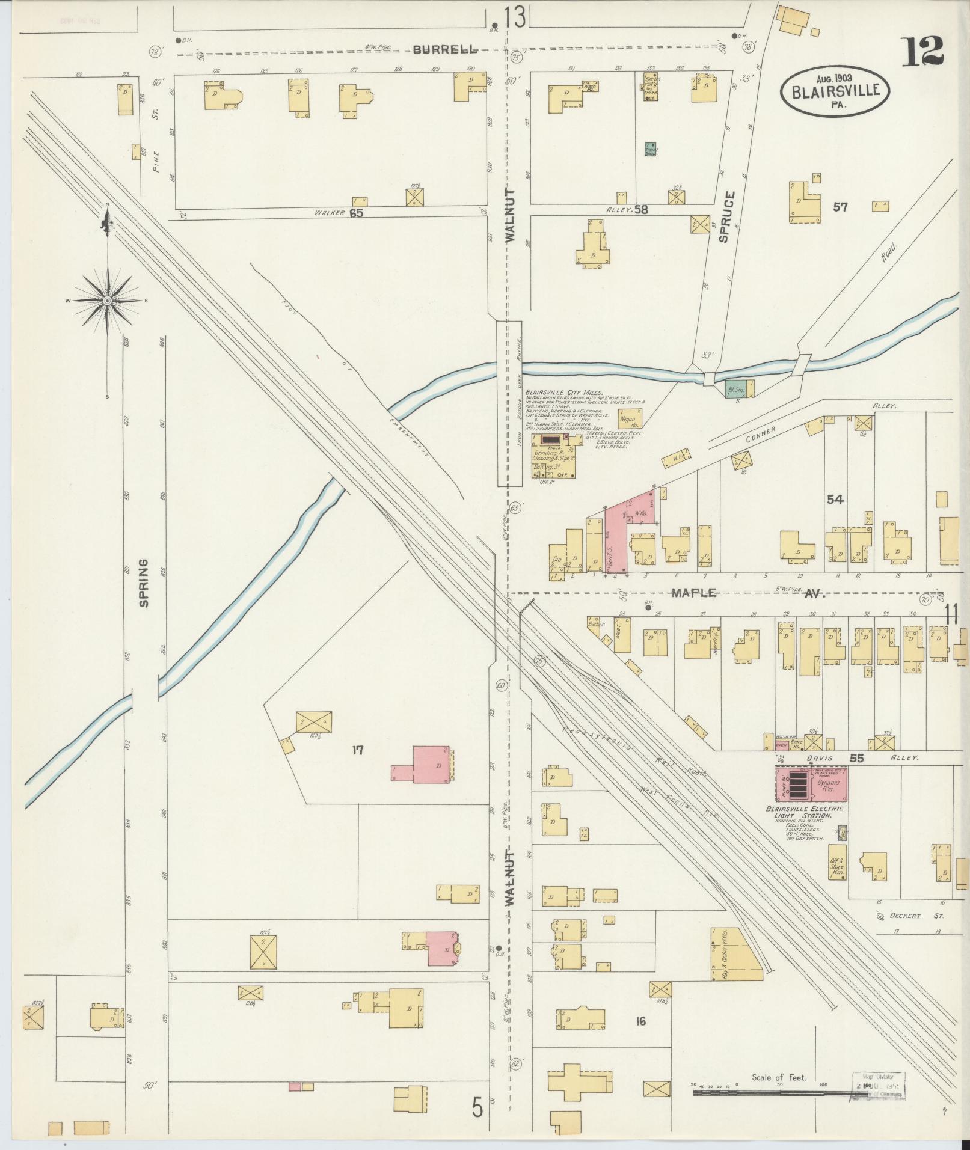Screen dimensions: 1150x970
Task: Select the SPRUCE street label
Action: pyautogui.click(x=724, y=217)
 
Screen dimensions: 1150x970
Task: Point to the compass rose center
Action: pyautogui.click(x=107, y=299)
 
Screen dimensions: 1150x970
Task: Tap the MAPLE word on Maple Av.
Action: pyautogui.click(x=694, y=593)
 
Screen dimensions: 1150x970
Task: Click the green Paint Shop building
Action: pyautogui.click(x=651, y=150)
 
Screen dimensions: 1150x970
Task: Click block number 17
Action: pyautogui.click(x=358, y=750)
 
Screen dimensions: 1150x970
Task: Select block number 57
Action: pyautogui.click(x=840, y=207)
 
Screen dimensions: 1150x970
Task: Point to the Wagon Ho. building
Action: pyautogui.click(x=630, y=418)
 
